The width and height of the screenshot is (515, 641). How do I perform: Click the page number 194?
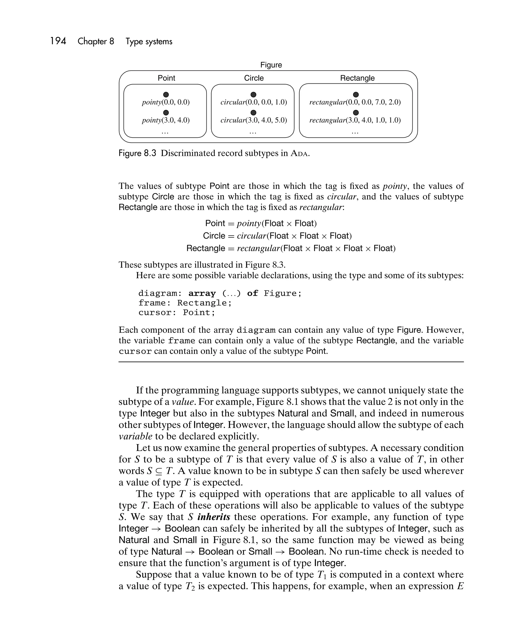point(58,41)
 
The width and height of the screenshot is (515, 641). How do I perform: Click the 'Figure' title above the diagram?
point(271,65)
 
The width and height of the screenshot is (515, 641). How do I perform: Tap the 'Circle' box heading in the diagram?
point(254,78)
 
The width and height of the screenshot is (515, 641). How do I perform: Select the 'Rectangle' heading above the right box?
point(357,78)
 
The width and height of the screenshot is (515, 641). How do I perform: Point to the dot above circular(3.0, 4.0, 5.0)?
point(253,113)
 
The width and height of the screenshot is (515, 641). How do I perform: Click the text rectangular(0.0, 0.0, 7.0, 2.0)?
point(355,102)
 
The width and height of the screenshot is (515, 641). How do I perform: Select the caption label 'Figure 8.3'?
point(137,153)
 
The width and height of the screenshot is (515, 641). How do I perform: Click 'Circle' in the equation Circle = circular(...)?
point(214,236)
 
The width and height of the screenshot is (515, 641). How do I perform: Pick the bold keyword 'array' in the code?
point(202,293)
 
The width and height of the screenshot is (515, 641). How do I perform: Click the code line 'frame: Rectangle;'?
point(185,303)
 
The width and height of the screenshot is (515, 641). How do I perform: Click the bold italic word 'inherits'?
point(213,517)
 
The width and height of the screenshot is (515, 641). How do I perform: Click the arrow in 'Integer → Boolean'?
point(156,529)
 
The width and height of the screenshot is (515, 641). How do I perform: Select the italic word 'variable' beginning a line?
point(135,436)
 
